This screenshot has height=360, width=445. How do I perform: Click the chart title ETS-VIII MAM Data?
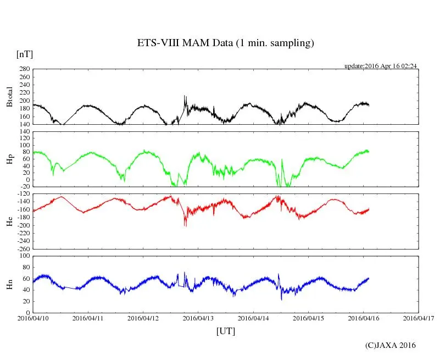point(225,43)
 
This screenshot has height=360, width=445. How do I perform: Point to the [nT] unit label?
point(25,54)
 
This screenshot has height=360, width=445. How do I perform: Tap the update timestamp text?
point(381,66)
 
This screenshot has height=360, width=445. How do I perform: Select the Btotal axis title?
point(9,96)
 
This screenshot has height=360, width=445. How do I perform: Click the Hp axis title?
point(9,159)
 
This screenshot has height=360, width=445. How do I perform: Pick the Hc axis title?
point(9,221)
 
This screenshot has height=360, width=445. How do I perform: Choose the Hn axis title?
point(9,284)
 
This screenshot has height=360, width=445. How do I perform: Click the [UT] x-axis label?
point(226,331)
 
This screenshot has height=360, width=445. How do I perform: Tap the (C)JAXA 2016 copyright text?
point(391,345)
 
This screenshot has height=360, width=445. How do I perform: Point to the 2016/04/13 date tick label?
point(198,318)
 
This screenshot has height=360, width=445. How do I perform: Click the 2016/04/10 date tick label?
point(33,318)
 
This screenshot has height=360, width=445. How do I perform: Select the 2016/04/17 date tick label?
point(419,318)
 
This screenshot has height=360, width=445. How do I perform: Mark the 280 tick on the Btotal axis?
point(23,70)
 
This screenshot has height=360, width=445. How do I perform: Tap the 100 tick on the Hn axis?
point(23,256)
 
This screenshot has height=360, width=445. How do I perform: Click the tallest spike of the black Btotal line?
point(185,96)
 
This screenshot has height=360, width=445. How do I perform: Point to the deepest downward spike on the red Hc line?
point(185,226)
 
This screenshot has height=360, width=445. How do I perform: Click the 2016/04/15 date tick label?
point(309,318)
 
